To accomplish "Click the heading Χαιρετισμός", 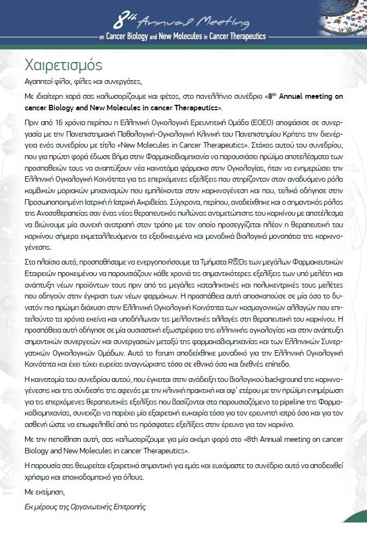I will click(63, 65).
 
